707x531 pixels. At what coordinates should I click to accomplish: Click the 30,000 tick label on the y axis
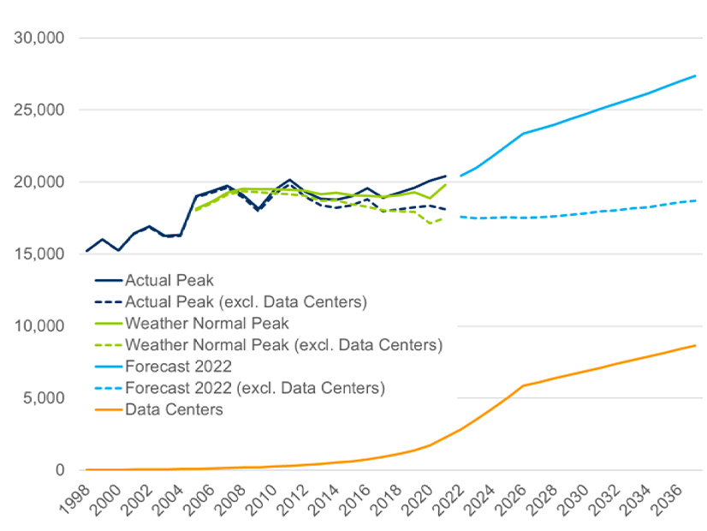(x=41, y=39)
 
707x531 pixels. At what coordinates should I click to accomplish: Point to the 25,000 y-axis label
(x=41, y=110)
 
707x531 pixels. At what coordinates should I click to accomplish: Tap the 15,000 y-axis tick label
(x=41, y=254)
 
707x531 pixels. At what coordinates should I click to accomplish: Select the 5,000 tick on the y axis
(x=45, y=398)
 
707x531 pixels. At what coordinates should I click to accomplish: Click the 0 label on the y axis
(x=60, y=470)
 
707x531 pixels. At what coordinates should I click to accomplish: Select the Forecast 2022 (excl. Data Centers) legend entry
(x=255, y=388)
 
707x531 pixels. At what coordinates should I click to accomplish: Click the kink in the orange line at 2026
(x=523, y=385)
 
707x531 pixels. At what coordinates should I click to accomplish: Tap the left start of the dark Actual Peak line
(x=87, y=251)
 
